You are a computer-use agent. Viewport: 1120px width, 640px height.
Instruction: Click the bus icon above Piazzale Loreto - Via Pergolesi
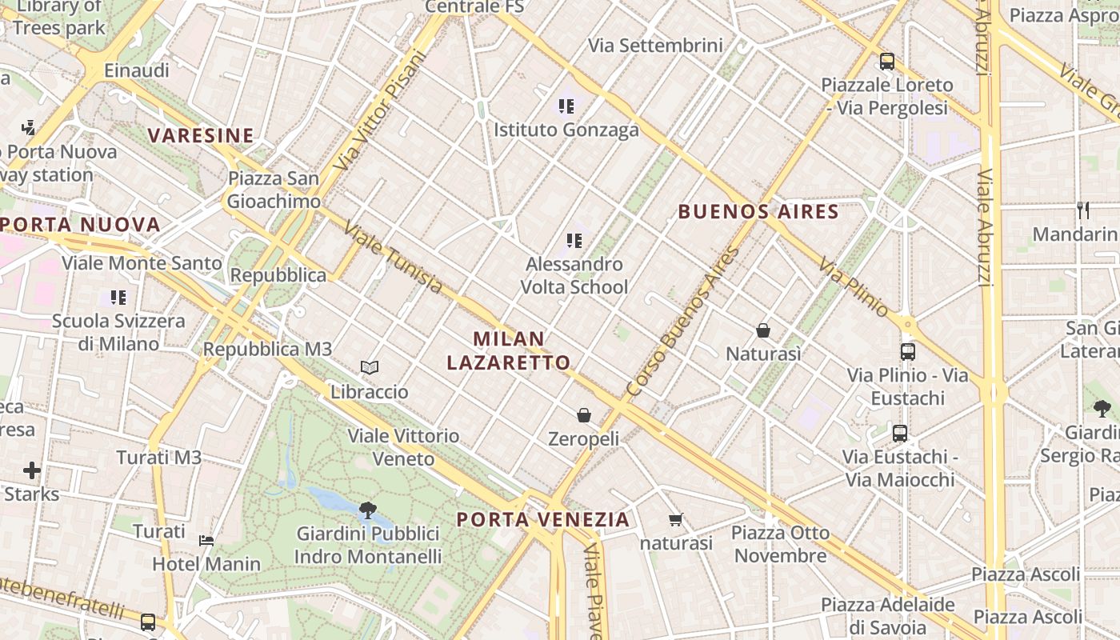(x=886, y=62)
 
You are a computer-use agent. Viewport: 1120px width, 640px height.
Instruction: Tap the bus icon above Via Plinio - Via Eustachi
(x=907, y=351)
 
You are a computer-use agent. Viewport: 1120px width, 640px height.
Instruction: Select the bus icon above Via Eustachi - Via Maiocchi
(x=900, y=434)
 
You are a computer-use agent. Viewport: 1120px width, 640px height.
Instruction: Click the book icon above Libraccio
(x=369, y=367)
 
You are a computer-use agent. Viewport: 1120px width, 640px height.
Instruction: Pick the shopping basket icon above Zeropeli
(x=584, y=415)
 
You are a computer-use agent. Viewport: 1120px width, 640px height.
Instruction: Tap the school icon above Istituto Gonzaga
(x=566, y=106)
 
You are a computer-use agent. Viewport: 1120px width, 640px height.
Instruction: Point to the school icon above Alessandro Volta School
(x=574, y=241)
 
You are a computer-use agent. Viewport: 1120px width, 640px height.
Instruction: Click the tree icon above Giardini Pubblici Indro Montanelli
(x=367, y=510)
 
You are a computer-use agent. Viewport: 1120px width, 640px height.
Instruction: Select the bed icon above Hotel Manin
(x=206, y=540)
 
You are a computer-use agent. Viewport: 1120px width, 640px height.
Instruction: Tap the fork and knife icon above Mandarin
(x=1083, y=210)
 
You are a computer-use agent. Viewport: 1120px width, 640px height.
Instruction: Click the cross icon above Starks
(x=32, y=470)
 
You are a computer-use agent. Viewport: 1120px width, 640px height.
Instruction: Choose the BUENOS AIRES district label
(x=758, y=212)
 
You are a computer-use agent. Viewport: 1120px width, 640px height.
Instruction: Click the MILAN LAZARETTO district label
(x=509, y=350)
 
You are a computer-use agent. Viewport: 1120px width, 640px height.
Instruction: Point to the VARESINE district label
(x=201, y=136)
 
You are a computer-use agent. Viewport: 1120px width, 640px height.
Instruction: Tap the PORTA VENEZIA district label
(x=543, y=520)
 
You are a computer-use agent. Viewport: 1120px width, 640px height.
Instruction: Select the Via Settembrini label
(x=655, y=46)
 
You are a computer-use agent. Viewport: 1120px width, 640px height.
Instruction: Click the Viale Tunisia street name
(x=393, y=258)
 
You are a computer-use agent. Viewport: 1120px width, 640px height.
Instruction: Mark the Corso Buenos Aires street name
(x=682, y=322)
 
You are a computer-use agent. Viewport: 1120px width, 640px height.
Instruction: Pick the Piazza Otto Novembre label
(x=780, y=544)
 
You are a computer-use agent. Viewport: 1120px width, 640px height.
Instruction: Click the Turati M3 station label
(x=159, y=458)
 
